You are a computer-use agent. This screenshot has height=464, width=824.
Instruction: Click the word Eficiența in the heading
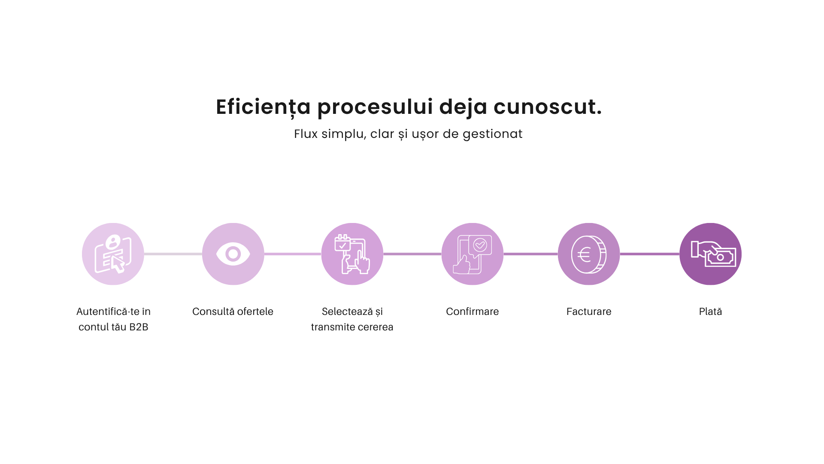(263, 107)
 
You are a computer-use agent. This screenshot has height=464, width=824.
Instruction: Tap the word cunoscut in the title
(548, 107)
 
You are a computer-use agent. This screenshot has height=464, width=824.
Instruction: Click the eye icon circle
(233, 254)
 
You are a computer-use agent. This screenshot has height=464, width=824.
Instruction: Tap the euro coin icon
(589, 254)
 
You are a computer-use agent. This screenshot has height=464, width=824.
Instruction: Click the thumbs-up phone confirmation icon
(472, 254)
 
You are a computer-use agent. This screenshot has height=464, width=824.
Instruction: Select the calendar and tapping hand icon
(352, 254)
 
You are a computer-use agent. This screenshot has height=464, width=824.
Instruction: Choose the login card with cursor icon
(113, 254)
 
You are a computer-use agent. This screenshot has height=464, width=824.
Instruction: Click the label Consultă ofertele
(233, 311)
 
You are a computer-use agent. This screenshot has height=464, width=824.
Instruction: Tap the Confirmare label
(472, 311)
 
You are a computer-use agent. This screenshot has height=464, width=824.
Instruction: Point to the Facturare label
(589, 311)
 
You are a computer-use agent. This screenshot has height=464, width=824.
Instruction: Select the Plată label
(710, 311)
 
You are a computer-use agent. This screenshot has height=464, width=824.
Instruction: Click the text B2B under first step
(139, 327)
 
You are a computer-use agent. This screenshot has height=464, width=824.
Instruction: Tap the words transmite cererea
(352, 327)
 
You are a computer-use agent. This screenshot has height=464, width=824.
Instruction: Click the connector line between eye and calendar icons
(293, 254)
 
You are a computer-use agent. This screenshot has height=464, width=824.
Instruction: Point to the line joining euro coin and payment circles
(650, 254)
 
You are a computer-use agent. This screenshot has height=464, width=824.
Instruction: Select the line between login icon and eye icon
(173, 254)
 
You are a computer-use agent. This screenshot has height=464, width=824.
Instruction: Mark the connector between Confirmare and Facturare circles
(530, 254)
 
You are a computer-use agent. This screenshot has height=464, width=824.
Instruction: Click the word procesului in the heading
(375, 107)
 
